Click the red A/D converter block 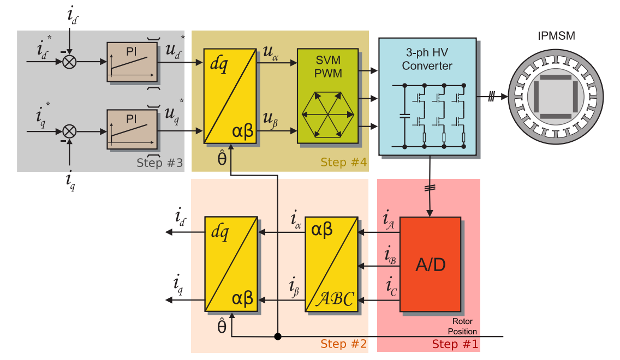coord(430,265)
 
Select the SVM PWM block coord(327,95)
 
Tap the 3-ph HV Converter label coord(428,61)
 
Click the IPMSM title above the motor coord(556,37)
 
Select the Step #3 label coord(159,163)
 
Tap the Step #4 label coord(343,163)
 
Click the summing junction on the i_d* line coord(69,62)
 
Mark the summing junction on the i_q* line coord(69,131)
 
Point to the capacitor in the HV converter coord(404,116)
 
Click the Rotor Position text coord(462,326)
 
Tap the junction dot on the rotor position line coord(277,336)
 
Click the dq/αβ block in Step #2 coord(231,264)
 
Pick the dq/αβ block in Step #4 coord(230,96)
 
